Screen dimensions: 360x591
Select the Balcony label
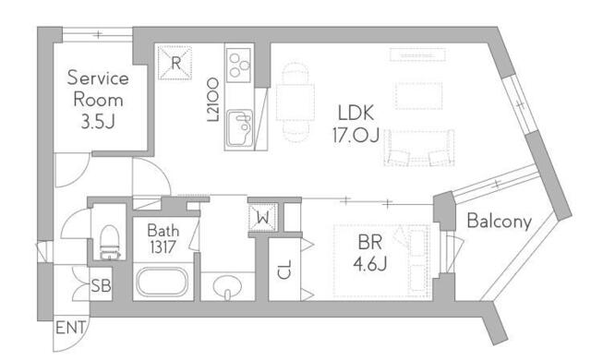click(x=499, y=222)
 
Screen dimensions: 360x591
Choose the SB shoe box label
click(x=101, y=286)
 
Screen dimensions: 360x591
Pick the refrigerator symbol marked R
click(x=175, y=62)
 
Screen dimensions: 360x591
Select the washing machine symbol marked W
click(x=262, y=219)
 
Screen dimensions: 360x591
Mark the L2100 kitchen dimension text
click(x=211, y=102)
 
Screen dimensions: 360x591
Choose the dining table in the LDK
click(x=296, y=96)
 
